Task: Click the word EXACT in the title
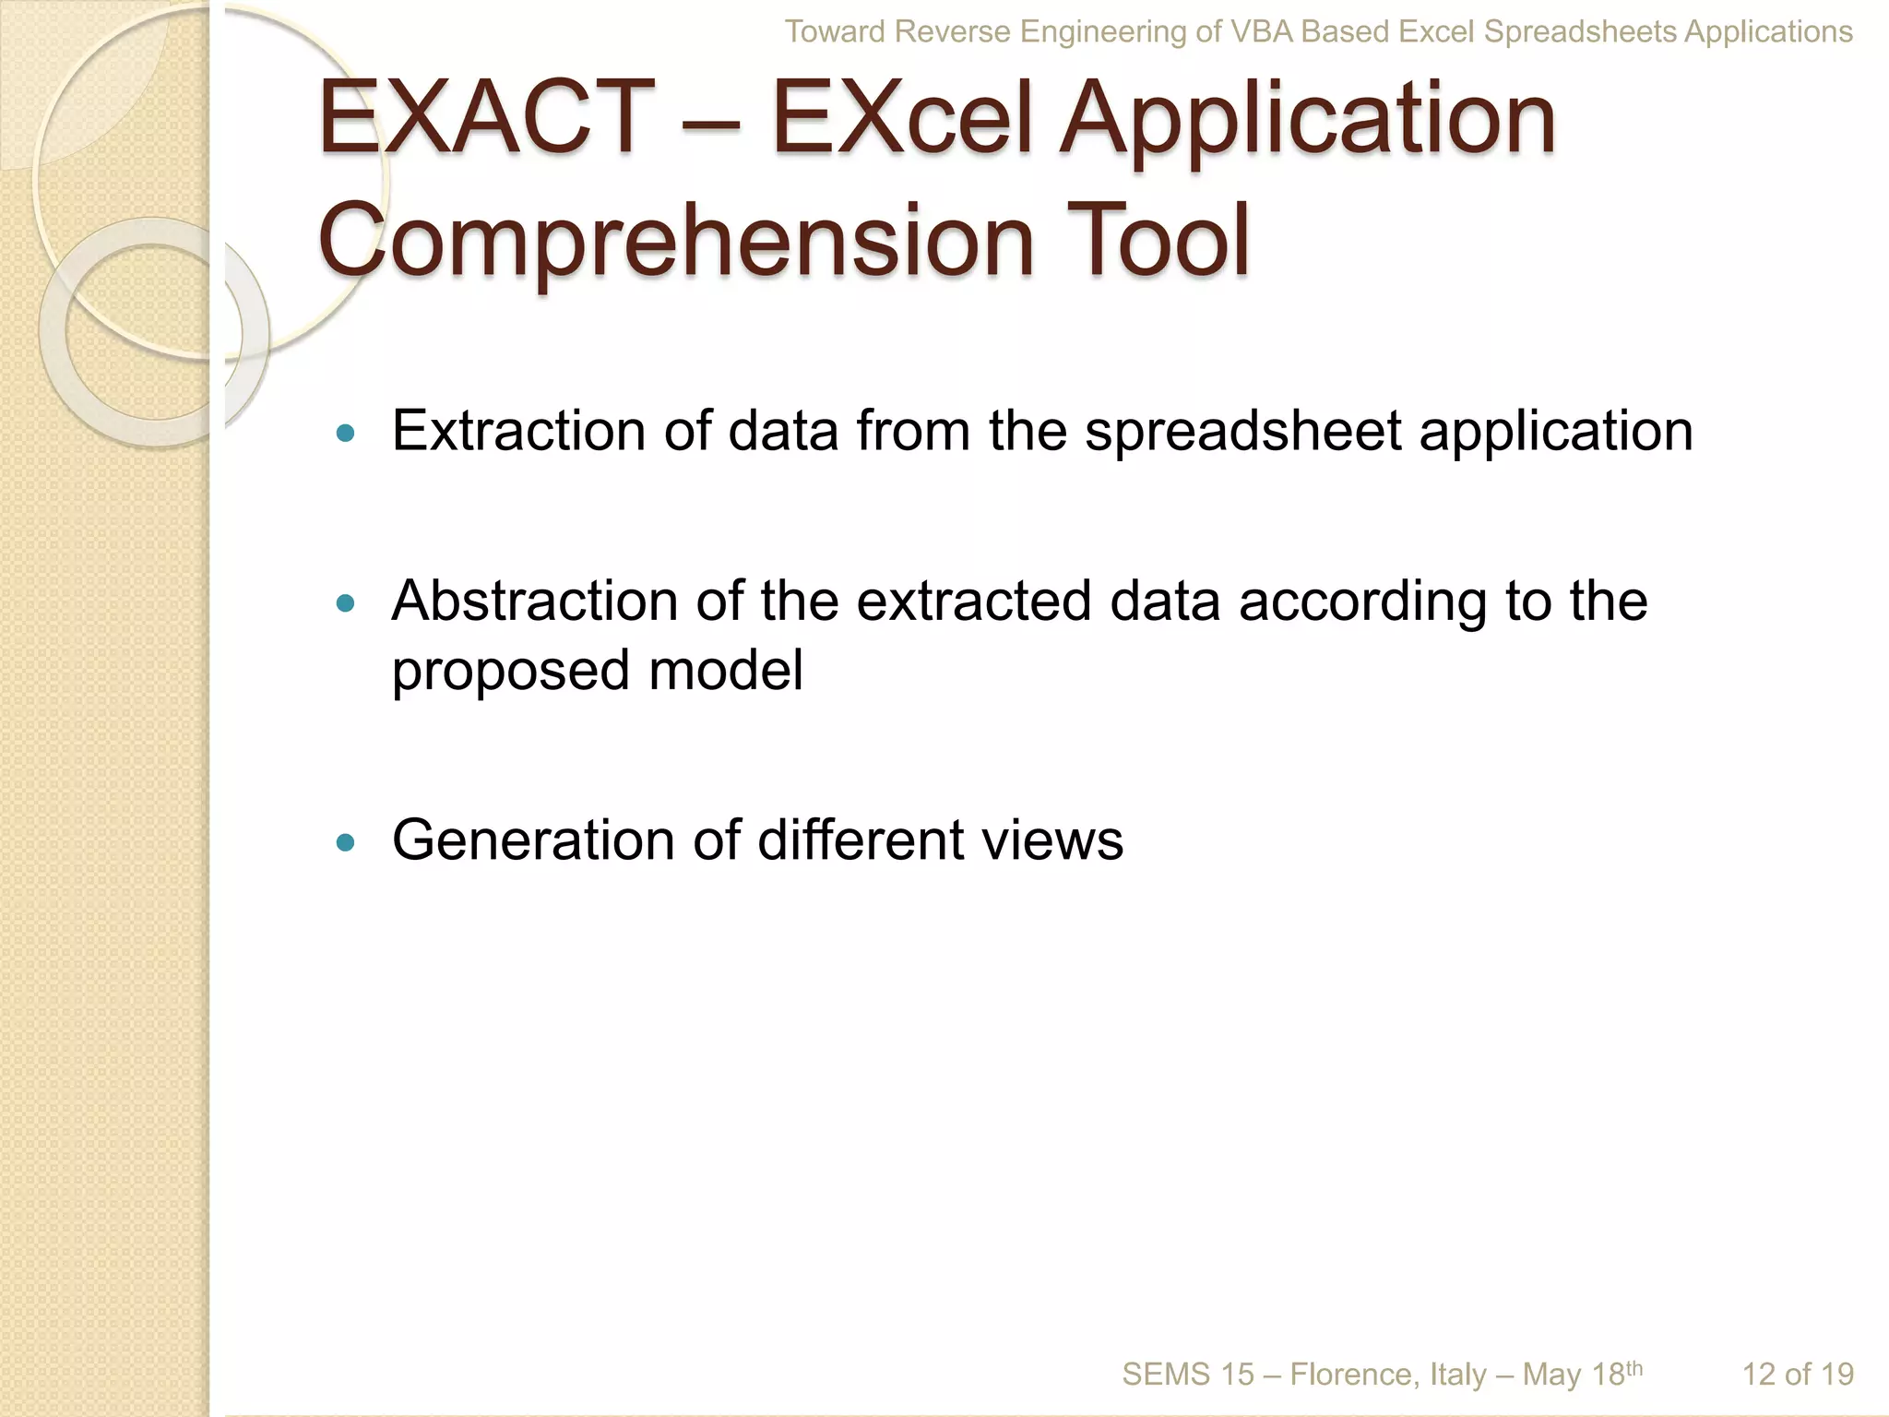[x=486, y=117]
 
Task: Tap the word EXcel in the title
[x=901, y=117]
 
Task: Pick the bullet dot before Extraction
[x=346, y=433]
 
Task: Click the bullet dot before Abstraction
[x=346, y=603]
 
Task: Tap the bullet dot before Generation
[x=346, y=841]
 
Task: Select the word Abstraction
[x=535, y=601]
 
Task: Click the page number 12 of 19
[x=1797, y=1375]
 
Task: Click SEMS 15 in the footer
[x=1188, y=1375]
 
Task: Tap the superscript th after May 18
[x=1634, y=1367]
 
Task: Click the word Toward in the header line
[x=835, y=32]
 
